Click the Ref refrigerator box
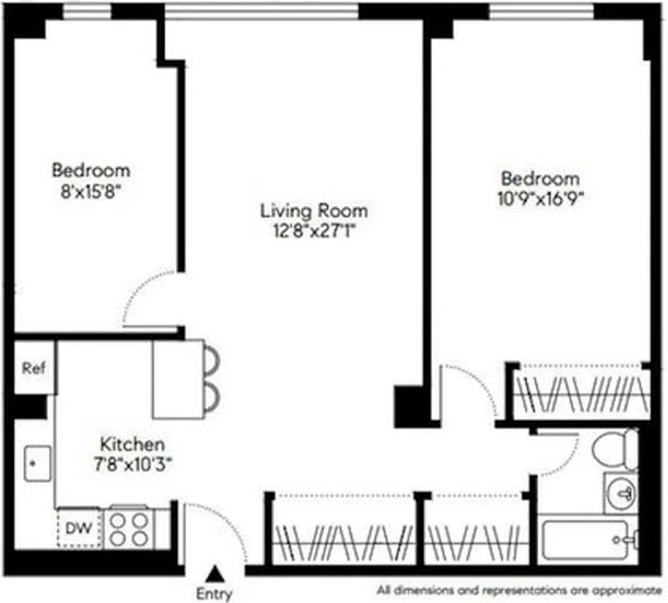tap(34, 369)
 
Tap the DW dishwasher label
tap(78, 528)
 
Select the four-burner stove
tap(127, 528)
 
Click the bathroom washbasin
tap(622, 494)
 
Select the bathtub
tap(588, 540)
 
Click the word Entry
tap(214, 593)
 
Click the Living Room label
tap(314, 210)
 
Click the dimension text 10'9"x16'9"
tap(541, 198)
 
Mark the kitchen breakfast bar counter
tap(178, 379)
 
